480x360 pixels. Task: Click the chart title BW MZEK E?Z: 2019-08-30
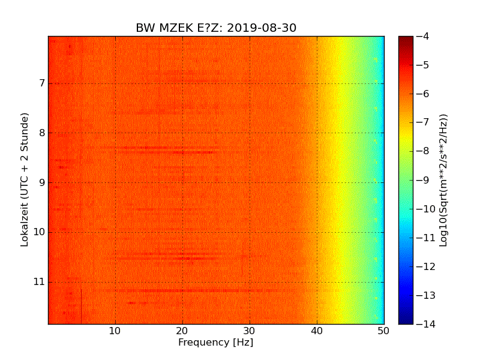point(216,28)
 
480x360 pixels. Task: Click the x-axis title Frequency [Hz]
point(215,343)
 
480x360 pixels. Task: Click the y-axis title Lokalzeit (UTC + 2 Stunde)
point(25,180)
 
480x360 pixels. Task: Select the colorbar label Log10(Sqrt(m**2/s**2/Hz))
point(443,180)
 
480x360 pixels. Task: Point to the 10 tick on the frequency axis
point(115,331)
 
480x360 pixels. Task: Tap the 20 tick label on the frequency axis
point(182,331)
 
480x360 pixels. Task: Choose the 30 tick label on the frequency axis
point(250,331)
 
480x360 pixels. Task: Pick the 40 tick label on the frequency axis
point(317,331)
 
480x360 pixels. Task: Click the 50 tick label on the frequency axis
point(384,331)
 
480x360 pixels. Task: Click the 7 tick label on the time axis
point(40,83)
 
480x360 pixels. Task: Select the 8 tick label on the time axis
point(40,133)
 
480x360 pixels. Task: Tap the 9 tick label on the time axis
point(40,182)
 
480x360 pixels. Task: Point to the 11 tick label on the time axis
point(38,282)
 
